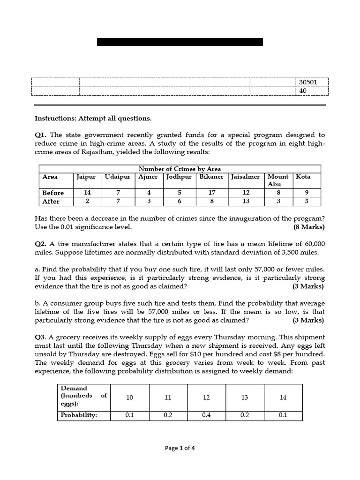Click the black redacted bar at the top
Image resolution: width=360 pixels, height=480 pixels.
tap(180, 42)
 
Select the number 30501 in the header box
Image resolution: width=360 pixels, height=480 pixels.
tap(308, 82)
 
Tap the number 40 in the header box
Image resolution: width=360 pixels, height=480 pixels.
tap(303, 91)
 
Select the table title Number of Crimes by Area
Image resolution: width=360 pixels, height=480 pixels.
tap(180, 169)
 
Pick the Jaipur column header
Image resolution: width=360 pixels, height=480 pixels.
tap(86, 177)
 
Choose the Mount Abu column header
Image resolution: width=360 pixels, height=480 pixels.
tap(278, 180)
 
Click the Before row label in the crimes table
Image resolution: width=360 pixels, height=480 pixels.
tap(53, 193)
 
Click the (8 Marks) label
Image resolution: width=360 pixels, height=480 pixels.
tap(308, 227)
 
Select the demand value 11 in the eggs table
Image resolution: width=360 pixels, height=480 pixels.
tap(168, 397)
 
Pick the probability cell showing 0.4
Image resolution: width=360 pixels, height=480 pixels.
tap(206, 415)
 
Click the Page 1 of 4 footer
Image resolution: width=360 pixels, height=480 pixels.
tap(180, 448)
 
